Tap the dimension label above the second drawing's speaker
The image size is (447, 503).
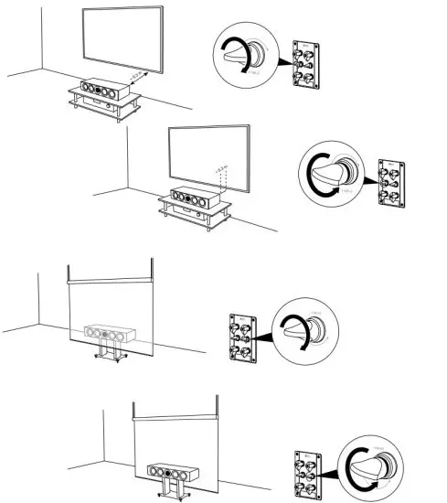(217, 171)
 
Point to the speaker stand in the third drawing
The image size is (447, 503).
(110, 352)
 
